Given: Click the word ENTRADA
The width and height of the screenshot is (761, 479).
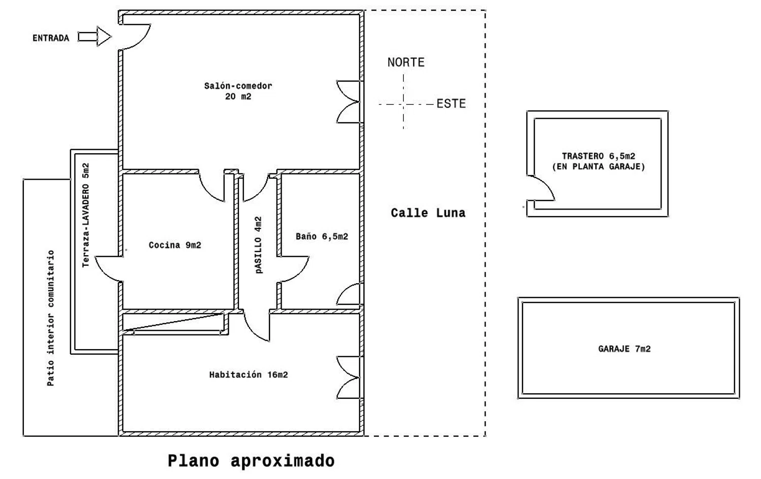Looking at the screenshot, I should tap(51, 38).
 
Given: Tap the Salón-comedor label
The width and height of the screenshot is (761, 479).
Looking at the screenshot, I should tap(238, 91).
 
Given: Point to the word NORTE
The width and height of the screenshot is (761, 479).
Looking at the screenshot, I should tap(406, 62).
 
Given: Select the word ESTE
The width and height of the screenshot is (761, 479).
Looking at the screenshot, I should tap(451, 104).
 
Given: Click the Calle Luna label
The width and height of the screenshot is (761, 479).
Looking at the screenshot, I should tap(428, 213).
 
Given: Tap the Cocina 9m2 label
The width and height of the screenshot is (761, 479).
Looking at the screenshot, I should tap(175, 245).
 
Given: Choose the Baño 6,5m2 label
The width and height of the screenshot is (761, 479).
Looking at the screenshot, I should tap(322, 236).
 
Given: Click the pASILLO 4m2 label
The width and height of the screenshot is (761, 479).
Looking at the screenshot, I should tap(259, 245).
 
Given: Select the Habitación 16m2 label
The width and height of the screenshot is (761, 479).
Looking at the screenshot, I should tap(248, 375).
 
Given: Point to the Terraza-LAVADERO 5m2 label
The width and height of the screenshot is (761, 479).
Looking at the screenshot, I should tap(86, 215).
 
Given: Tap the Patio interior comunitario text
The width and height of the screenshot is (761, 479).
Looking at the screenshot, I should tap(51, 318).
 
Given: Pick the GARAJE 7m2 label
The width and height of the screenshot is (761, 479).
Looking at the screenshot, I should tap(624, 349).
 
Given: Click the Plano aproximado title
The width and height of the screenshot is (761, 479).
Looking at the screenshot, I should tap(251, 461).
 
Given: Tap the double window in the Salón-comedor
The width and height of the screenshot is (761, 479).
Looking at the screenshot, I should tap(349, 101).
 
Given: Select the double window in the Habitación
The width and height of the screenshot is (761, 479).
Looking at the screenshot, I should tap(349, 378).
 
